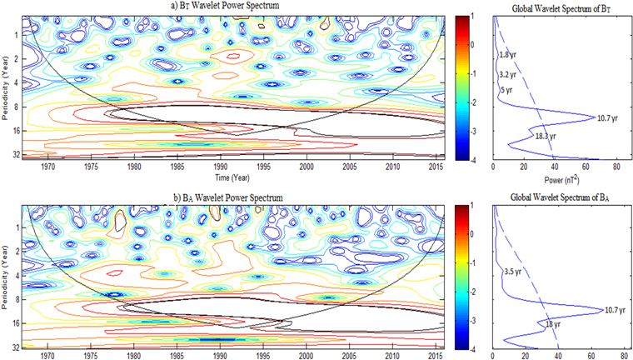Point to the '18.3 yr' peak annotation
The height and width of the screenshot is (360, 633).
(x=545, y=134)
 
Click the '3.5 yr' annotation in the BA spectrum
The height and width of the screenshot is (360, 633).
(x=514, y=271)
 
